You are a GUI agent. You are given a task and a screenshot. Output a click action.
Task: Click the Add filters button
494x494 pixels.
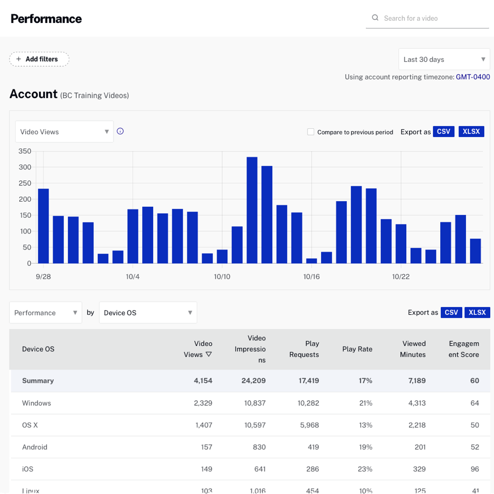(x=39, y=59)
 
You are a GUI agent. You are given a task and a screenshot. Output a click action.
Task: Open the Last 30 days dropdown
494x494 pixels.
(x=444, y=59)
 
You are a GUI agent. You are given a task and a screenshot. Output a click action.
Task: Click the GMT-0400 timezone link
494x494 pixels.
(x=473, y=77)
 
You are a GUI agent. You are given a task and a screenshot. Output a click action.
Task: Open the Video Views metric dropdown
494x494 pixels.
(x=64, y=132)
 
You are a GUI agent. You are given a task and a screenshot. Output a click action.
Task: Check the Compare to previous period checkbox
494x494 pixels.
(x=311, y=132)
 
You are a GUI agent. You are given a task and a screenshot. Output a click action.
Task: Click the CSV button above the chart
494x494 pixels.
(x=444, y=132)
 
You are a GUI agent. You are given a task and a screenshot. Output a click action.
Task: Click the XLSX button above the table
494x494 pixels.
(x=478, y=313)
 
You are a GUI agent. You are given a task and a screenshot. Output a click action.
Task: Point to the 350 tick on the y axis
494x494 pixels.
(x=25, y=151)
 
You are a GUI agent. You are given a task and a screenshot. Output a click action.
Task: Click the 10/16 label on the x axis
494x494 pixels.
(x=311, y=277)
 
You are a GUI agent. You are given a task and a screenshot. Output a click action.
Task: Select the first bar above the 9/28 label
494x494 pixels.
(x=43, y=226)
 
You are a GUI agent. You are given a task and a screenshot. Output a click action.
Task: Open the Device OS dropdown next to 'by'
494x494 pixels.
(x=148, y=313)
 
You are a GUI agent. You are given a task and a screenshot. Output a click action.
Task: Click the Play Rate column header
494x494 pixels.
(x=357, y=349)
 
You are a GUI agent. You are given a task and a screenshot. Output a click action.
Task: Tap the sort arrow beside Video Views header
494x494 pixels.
(x=209, y=355)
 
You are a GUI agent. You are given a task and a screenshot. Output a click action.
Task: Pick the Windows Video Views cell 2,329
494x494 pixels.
(x=203, y=403)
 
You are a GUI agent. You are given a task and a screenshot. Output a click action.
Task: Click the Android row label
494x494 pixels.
(x=35, y=447)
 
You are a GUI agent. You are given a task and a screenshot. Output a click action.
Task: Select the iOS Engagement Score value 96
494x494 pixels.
(x=474, y=469)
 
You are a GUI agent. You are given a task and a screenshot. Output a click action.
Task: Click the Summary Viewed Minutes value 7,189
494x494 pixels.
(x=416, y=381)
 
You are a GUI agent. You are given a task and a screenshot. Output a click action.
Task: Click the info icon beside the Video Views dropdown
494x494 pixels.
(x=120, y=131)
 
